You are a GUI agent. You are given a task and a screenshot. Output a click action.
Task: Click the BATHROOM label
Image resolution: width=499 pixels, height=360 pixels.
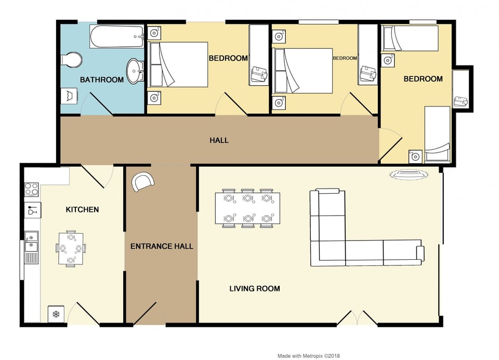(102, 79)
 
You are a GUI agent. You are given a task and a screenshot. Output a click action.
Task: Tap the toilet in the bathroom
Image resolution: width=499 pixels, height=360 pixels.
(71, 60)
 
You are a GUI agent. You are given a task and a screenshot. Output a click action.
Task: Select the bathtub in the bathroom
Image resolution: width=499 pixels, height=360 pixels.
(116, 36)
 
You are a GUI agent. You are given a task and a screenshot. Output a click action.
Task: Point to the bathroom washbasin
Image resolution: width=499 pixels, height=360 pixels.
(135, 71)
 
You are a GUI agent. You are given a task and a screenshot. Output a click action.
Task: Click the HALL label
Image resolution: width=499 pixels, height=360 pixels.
(219, 140)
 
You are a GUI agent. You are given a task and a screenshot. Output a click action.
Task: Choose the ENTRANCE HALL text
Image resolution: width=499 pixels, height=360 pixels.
(162, 246)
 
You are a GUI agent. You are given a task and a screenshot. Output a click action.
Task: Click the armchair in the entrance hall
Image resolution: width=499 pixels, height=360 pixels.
(143, 182)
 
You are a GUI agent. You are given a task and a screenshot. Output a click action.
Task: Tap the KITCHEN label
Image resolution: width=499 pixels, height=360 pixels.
(82, 209)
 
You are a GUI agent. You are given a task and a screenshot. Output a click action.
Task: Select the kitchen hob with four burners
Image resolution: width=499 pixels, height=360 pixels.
(32, 189)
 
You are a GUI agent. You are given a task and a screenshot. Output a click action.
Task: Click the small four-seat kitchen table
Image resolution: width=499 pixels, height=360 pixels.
(71, 248)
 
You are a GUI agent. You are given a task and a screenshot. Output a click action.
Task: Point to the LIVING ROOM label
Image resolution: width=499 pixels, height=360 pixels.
(255, 288)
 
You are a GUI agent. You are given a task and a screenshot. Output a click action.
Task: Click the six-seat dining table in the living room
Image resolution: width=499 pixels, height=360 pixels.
(247, 208)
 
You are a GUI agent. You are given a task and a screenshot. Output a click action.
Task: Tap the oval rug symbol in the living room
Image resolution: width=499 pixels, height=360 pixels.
(409, 175)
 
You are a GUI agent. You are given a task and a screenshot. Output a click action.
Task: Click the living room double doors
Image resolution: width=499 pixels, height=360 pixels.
(357, 318)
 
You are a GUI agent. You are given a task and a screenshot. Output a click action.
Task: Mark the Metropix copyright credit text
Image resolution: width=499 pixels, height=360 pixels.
(308, 356)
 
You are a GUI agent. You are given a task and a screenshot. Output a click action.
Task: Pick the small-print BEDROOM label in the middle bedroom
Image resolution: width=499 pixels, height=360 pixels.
(345, 58)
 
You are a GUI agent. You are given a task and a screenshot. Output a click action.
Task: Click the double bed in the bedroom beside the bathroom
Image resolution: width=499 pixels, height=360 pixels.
(178, 64)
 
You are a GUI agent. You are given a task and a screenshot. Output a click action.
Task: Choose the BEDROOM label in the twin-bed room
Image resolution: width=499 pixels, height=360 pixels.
(423, 79)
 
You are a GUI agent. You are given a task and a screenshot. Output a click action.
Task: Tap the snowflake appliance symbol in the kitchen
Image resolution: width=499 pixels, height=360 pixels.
(56, 314)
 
